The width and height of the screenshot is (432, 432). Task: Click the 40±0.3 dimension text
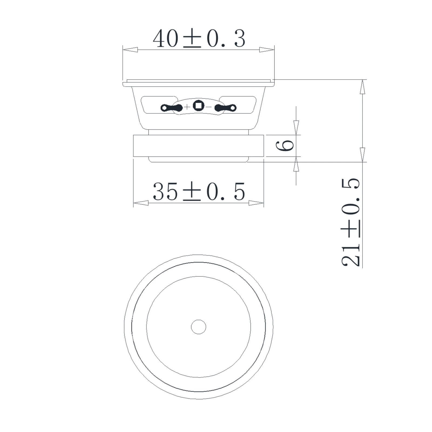coord(199,39)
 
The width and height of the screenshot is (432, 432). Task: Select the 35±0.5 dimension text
coord(199,191)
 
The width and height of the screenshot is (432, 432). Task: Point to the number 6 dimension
coord(285,146)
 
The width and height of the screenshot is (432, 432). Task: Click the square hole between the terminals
coord(198,105)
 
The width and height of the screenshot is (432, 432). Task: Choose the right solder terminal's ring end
coord(233,108)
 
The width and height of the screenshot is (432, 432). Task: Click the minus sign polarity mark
coord(209,107)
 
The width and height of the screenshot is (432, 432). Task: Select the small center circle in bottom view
coord(198,327)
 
